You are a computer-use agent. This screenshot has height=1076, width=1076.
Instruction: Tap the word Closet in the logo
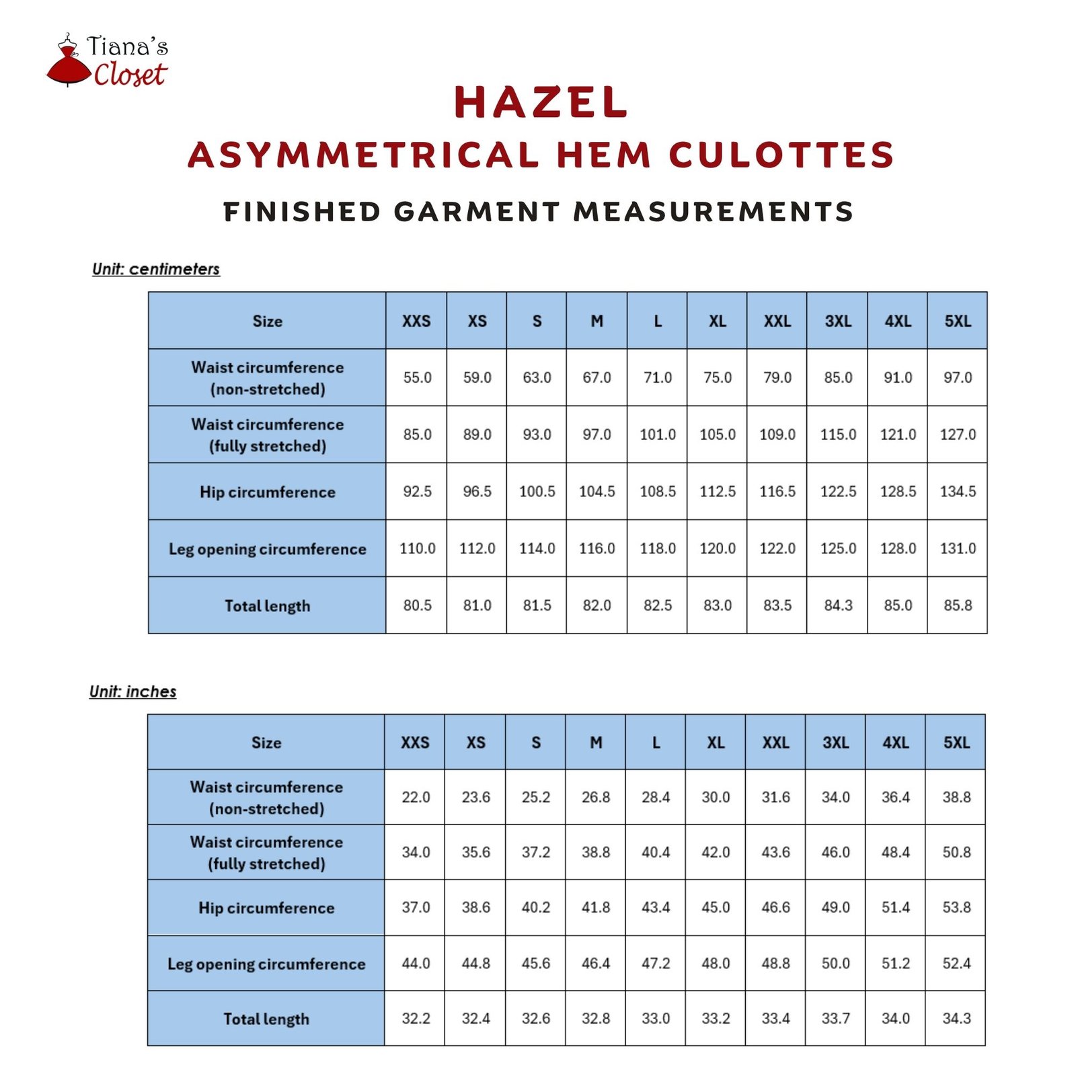[130, 74]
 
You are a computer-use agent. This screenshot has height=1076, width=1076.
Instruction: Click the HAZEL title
[541, 103]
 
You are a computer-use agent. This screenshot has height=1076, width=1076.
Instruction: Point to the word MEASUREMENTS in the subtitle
[714, 212]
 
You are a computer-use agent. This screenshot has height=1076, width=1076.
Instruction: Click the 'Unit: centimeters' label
[156, 269]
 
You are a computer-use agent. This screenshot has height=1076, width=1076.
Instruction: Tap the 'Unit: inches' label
[133, 691]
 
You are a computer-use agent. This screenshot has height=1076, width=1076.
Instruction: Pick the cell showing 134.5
[958, 492]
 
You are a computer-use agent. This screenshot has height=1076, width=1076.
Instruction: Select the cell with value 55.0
[417, 377]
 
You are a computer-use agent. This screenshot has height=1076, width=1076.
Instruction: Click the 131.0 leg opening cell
[958, 548]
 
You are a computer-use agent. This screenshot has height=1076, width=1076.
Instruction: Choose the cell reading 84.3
[838, 605]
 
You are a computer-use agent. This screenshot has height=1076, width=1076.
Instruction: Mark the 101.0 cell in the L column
[657, 434]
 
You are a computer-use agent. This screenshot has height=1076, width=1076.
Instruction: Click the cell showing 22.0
[416, 797]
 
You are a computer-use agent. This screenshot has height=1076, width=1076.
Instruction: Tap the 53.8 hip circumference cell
[956, 907]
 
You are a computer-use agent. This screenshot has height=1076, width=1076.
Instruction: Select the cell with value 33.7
[836, 1018]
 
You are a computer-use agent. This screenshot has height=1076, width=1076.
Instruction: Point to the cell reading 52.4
[956, 963]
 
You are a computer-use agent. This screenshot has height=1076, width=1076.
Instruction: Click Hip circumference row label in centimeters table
[267, 492]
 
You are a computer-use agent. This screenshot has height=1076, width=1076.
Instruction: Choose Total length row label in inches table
[266, 1019]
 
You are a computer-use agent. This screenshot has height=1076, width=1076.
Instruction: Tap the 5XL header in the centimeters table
[958, 321]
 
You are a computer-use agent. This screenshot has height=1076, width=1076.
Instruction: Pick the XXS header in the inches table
[415, 742]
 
